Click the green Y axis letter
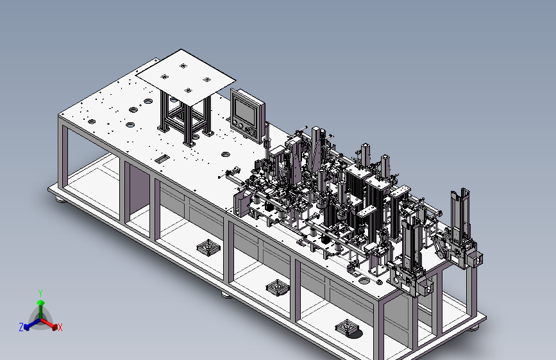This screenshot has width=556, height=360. click(40, 293)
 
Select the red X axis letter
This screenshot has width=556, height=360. click(60, 328)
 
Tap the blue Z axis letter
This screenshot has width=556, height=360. click(21, 327)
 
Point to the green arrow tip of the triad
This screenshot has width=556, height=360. click(41, 302)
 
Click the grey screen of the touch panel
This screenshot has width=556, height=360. click(245, 110)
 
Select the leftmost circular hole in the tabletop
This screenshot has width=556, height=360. click(92, 122)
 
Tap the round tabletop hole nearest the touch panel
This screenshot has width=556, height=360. click(225, 154)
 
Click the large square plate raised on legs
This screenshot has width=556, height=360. click(186, 78)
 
